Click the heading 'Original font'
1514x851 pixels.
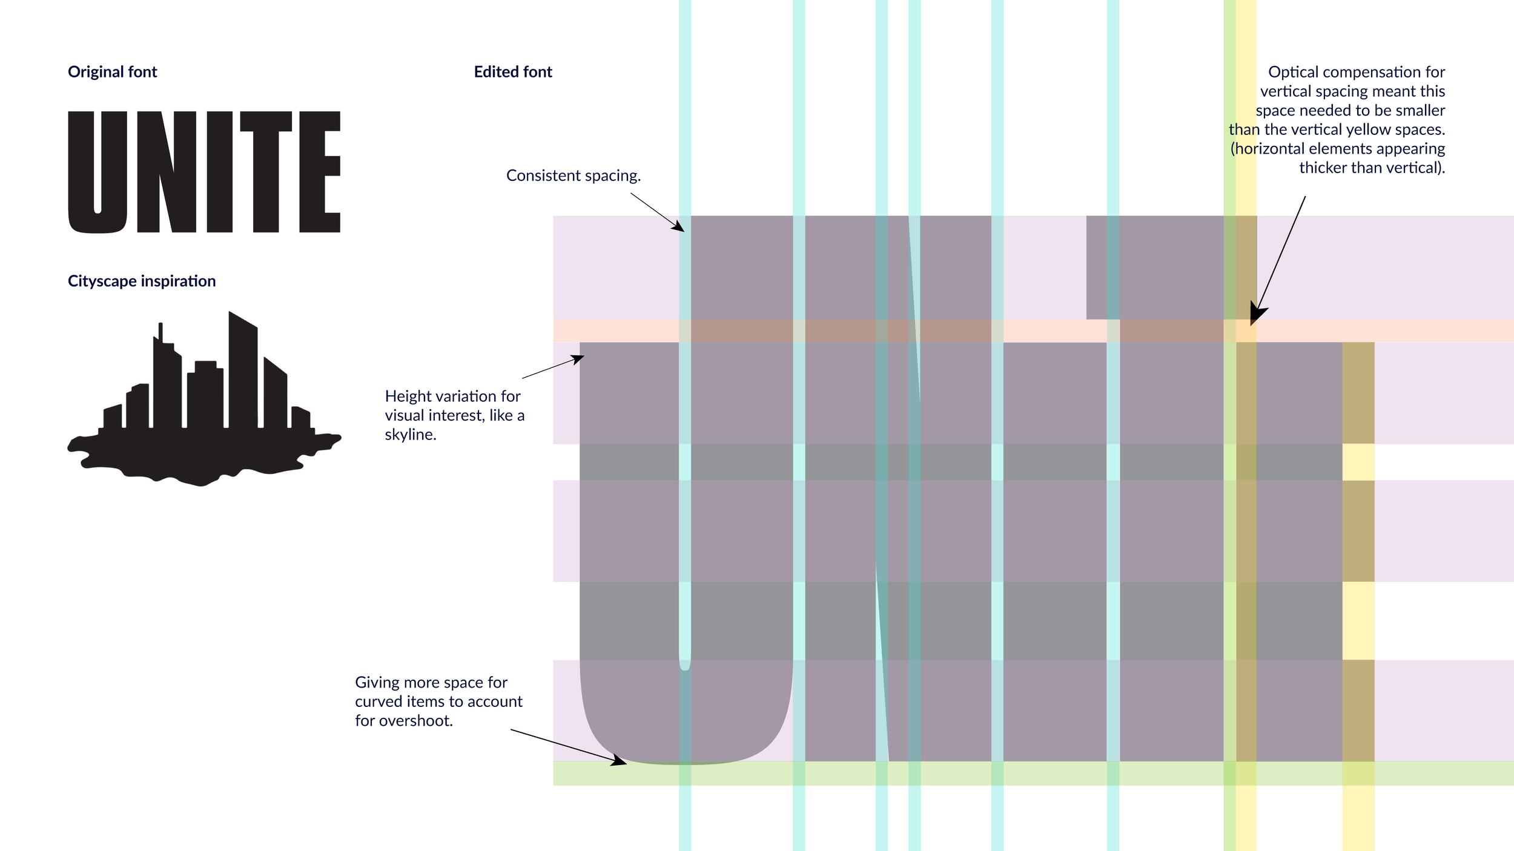[x=112, y=72]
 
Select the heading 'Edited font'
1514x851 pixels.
[x=513, y=72]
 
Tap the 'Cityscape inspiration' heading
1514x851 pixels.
[x=142, y=281]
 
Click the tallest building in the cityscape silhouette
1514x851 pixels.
[x=243, y=369]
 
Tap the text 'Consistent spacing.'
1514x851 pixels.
[x=573, y=176]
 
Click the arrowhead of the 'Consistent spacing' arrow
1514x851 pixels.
[x=679, y=228]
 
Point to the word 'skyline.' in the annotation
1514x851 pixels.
[x=411, y=435]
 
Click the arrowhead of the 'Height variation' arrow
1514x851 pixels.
[x=578, y=359]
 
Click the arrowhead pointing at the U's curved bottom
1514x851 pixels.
[x=620, y=761]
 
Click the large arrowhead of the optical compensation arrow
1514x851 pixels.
[x=1257, y=315]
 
